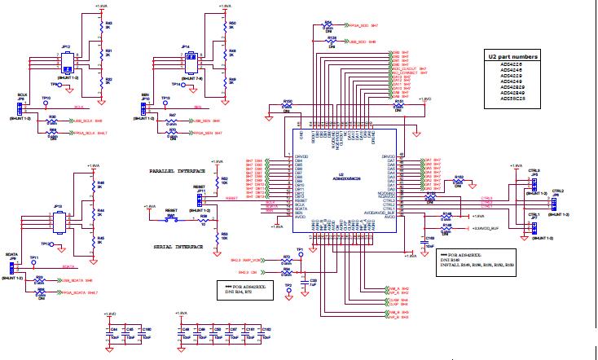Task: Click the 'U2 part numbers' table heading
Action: (513, 58)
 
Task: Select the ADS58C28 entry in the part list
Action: (513, 99)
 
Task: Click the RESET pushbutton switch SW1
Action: (172, 220)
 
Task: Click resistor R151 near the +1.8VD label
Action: (398, 106)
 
